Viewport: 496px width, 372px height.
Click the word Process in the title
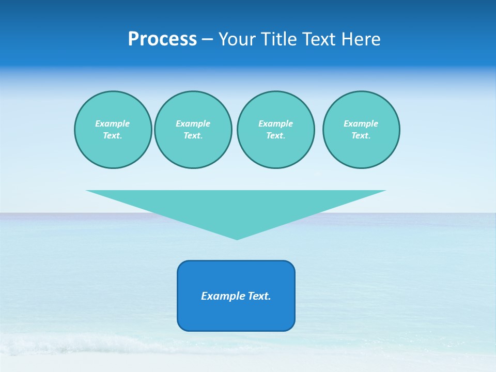(162, 39)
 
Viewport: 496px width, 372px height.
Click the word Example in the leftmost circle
(113, 123)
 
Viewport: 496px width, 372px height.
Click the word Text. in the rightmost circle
(361, 135)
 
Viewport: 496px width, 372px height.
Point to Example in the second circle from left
(193, 123)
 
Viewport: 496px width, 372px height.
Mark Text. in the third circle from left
(275, 135)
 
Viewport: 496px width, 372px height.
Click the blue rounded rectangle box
(236, 315)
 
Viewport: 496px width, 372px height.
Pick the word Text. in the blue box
(260, 296)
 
